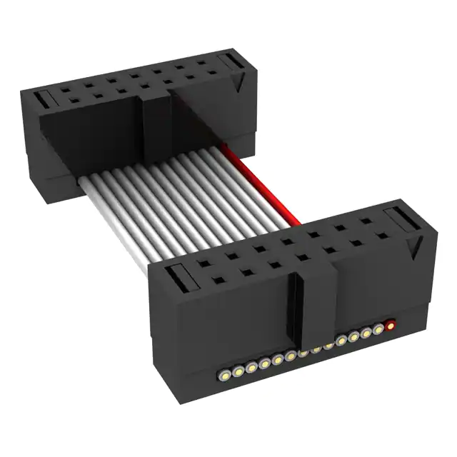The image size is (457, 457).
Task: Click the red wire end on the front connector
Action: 391,328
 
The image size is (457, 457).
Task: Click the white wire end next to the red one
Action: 378,331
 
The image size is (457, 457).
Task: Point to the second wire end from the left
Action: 238,369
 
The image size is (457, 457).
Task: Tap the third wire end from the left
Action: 251,366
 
